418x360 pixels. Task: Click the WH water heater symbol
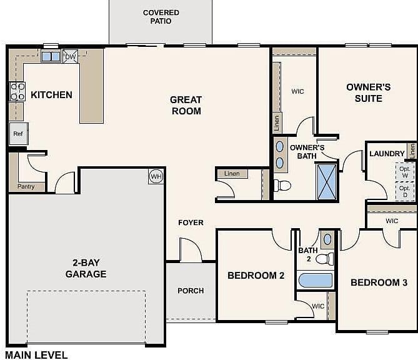pos(156,176)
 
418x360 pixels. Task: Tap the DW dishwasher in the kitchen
pos(71,56)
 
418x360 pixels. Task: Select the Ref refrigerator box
pos(18,134)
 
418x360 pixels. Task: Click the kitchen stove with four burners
pos(17,91)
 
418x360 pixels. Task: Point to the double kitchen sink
pos(51,56)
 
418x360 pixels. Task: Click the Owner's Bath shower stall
pos(327,182)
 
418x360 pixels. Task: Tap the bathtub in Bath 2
pos(316,280)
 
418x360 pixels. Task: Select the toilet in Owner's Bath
pos(282,186)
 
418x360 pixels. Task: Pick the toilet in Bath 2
pos(325,259)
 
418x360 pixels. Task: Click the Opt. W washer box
pos(405,172)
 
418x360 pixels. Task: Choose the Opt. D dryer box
pos(405,191)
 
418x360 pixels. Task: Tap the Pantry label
pos(26,186)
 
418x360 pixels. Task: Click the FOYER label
pos(191,222)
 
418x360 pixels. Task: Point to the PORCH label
pos(191,291)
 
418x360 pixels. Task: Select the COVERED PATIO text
pos(161,17)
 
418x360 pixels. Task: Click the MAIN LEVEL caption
pos(36,355)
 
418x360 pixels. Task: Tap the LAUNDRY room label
pos(387,154)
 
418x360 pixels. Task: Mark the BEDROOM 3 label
pos(379,282)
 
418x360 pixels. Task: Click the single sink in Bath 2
pos(327,239)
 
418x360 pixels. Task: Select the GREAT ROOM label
pos(186,106)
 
